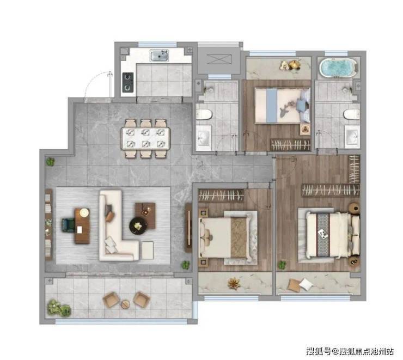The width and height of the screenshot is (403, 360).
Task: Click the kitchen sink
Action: [x=160, y=56]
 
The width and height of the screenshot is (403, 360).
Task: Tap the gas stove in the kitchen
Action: [x=128, y=82]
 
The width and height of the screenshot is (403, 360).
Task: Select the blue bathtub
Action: [x=339, y=68]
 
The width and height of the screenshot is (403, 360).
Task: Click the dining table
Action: [x=145, y=138]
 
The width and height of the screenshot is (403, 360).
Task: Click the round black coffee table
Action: [x=138, y=226]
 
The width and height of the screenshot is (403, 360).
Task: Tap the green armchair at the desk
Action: [x=68, y=225]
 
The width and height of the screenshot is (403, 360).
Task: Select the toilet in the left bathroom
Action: [x=204, y=114]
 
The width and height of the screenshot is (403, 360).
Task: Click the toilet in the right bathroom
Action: [x=352, y=114]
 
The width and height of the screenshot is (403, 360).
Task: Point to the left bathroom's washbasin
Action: [x=204, y=138]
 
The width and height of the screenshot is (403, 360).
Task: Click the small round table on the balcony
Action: [x=125, y=304]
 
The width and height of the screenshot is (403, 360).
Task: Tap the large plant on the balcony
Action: [x=59, y=308]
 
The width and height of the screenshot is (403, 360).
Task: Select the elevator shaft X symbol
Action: [x=219, y=59]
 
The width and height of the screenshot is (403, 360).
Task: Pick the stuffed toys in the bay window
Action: [x=290, y=65]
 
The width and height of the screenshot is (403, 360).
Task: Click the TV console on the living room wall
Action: [x=188, y=228]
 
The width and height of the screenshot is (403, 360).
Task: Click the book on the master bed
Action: [x=322, y=233]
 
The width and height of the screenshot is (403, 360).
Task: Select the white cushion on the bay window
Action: [x=306, y=284]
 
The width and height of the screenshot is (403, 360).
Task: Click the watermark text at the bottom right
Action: [x=350, y=351]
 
